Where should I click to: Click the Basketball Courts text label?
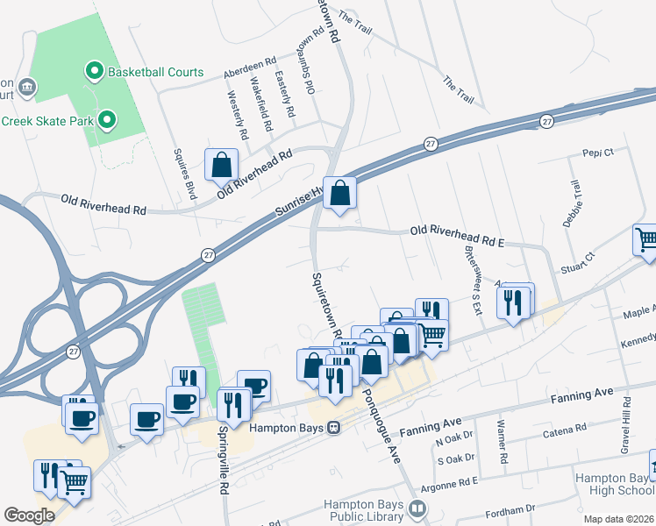point(156,72)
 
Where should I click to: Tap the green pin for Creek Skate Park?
point(106,119)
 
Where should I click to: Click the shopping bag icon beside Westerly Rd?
point(222,164)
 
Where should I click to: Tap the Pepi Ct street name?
point(597,153)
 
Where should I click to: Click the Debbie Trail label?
point(575,202)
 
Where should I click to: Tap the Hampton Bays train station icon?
point(333,429)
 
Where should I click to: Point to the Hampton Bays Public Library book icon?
point(417,508)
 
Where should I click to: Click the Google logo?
point(29,515)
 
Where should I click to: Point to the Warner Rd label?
point(502,445)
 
